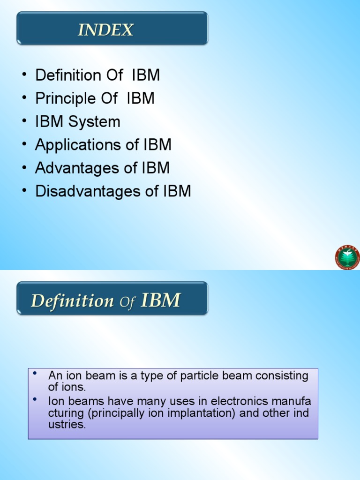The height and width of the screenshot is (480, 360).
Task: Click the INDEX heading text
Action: pos(105,30)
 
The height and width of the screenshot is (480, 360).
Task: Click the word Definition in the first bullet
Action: pos(68,75)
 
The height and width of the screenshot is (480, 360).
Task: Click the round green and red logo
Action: pos(347,257)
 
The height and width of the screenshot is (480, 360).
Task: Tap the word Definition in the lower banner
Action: pos(72,300)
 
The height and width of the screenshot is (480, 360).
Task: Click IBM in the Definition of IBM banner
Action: pos(161,300)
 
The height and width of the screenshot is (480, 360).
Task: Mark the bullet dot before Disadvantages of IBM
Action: pos(23,191)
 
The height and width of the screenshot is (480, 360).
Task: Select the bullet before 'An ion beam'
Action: pos(35,374)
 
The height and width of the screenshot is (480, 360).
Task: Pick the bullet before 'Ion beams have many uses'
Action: pos(35,399)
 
